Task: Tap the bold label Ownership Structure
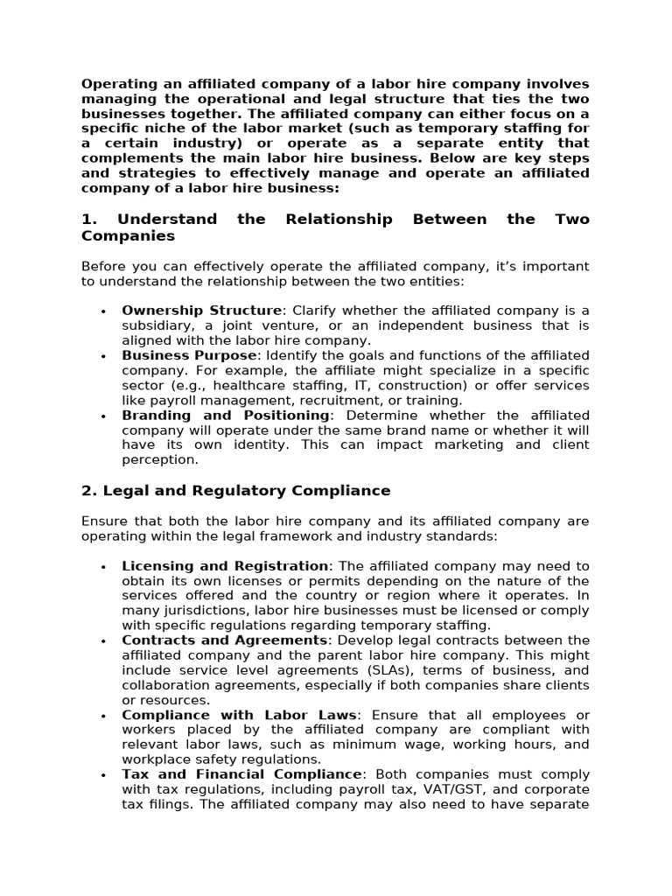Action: click(202, 311)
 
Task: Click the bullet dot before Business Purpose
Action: click(103, 356)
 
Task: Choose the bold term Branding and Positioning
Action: click(226, 415)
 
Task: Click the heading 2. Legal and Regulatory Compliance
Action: click(236, 491)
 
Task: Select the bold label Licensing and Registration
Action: click(225, 566)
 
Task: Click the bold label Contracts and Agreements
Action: click(224, 640)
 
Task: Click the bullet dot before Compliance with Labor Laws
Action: click(103, 716)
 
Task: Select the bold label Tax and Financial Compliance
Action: click(241, 774)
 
